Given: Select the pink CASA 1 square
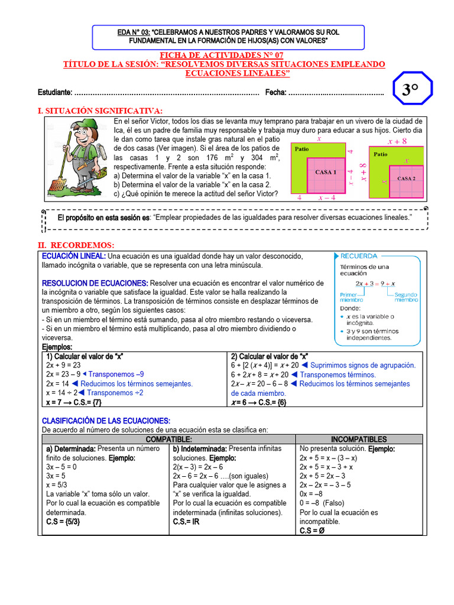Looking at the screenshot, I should (x=326, y=173).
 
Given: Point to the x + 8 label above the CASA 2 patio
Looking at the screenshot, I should (x=397, y=142).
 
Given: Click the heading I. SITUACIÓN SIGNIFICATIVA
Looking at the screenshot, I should (x=100, y=110).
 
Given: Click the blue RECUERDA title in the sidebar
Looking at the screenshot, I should (x=359, y=256).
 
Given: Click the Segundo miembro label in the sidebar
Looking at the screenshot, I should (x=406, y=297).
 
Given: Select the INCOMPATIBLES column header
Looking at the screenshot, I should (x=359, y=440).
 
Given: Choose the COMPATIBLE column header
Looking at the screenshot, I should (x=168, y=440).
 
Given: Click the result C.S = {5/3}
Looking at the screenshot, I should (x=63, y=522).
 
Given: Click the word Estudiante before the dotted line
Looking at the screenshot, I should (x=55, y=92).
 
